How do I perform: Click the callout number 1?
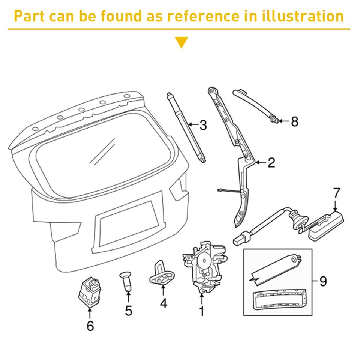[201, 311]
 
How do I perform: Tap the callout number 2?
[271, 162]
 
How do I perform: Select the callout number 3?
[203, 125]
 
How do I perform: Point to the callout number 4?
[163, 303]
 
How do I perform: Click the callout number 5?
[129, 310]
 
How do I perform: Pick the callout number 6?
[90, 326]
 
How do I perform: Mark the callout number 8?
[295, 121]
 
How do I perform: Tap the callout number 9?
[323, 281]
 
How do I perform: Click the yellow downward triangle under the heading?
[182, 42]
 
